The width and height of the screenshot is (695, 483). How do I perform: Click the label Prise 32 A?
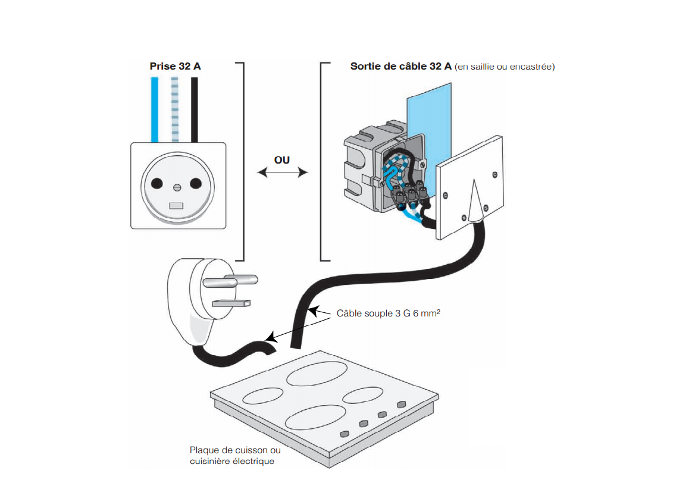(175, 66)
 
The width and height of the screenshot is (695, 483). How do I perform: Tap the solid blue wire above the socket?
(155, 109)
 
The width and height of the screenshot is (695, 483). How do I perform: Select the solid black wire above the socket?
(194, 109)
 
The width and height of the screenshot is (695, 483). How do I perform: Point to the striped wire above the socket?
(174, 109)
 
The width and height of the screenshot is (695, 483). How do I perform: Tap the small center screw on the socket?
(177, 187)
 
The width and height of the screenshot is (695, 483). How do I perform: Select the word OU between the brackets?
(282, 160)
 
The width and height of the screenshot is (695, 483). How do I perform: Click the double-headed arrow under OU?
(282, 172)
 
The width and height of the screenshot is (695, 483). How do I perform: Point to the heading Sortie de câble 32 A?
(401, 66)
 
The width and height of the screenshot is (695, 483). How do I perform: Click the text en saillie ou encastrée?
(505, 67)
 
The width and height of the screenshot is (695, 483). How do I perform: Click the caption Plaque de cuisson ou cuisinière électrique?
(234, 456)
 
